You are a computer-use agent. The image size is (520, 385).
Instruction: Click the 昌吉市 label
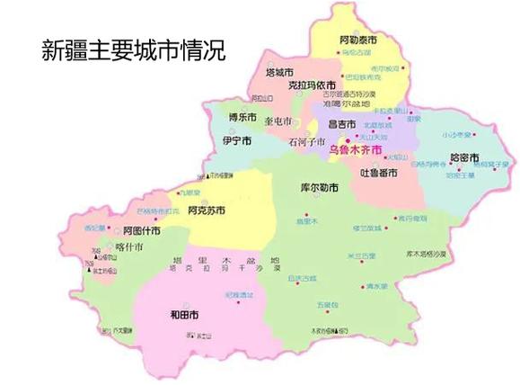pos(342,124)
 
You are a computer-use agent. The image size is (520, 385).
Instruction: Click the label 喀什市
pos(130,246)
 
